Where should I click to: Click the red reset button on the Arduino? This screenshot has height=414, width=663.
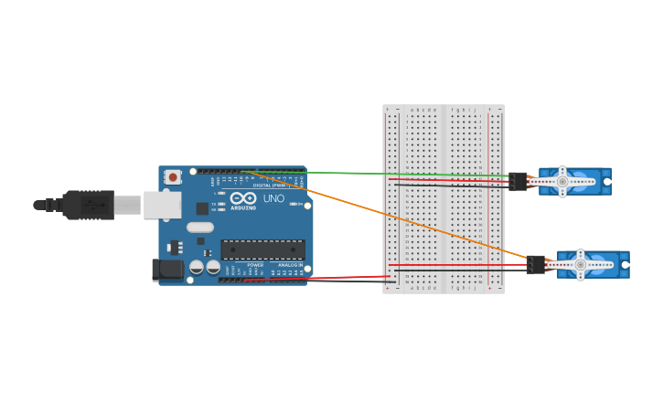173,177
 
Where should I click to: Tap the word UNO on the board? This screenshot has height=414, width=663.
273,198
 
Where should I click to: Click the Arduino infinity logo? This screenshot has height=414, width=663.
243,197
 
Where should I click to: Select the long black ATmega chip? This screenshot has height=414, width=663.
262,249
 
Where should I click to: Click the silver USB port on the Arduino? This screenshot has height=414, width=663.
162,205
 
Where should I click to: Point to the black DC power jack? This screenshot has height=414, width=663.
167,269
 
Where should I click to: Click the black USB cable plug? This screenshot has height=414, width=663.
90,205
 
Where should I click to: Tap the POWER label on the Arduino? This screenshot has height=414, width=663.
255,265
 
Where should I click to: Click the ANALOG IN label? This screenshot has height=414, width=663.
290,265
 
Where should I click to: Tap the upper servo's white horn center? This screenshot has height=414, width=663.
562,182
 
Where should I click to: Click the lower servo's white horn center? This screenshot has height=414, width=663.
580,265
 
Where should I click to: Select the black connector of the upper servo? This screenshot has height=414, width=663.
519,181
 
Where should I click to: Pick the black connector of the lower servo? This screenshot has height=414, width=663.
536,264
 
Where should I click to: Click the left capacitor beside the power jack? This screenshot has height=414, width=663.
197,267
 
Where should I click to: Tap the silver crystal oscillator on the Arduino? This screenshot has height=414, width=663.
199,228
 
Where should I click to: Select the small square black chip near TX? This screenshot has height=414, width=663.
202,208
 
